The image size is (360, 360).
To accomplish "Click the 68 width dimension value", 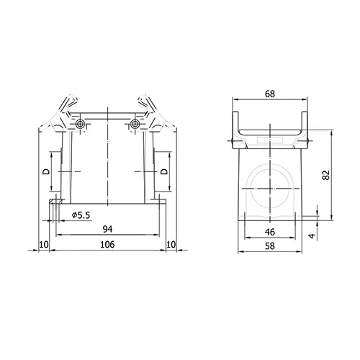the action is (x=270, y=94).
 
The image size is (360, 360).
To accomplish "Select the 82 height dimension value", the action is (x=326, y=175).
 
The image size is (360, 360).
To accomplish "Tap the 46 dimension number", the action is (x=270, y=232).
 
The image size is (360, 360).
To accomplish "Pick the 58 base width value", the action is (x=270, y=246).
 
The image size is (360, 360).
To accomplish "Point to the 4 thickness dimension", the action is (x=312, y=235).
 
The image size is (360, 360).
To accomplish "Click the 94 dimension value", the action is (x=107, y=229).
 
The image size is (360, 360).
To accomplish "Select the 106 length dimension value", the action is (x=107, y=245).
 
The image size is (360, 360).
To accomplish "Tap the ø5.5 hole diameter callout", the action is (x=81, y=215).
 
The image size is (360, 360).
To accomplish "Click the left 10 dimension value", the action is (x=44, y=245).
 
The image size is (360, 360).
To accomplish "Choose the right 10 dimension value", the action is (x=171, y=245).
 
